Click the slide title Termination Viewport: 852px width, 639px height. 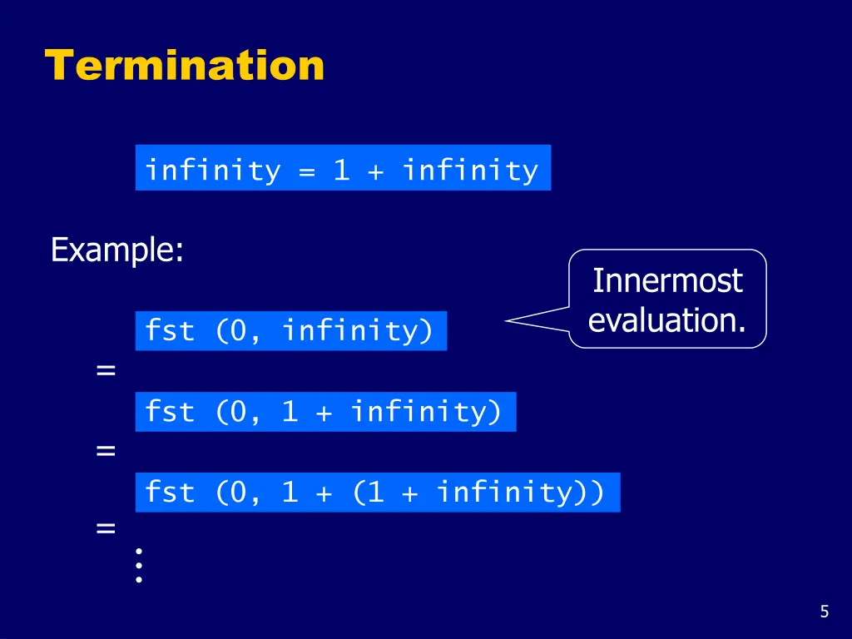(x=184, y=65)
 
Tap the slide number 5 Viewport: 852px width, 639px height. (x=824, y=612)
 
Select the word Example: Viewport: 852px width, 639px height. (x=116, y=250)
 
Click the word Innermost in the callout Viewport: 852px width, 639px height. (x=667, y=281)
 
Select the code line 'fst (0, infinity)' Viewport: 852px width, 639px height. (x=290, y=331)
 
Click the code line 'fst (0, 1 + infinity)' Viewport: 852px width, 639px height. (x=324, y=412)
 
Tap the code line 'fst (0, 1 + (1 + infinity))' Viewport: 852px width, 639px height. (x=377, y=493)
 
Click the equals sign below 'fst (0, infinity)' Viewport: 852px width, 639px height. (x=106, y=370)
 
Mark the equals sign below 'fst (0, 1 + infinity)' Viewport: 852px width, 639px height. (x=106, y=451)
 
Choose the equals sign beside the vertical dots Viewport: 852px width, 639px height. (x=106, y=528)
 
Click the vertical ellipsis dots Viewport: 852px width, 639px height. (x=139, y=565)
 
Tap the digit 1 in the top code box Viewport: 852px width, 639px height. (x=341, y=170)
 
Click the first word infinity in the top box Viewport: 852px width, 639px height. (x=214, y=170)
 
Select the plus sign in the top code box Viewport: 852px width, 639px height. (x=376, y=171)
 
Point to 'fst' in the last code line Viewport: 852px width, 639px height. (x=170, y=493)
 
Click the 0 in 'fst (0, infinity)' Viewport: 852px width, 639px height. (x=239, y=331)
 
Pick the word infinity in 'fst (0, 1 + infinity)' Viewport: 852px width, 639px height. (x=426, y=412)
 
